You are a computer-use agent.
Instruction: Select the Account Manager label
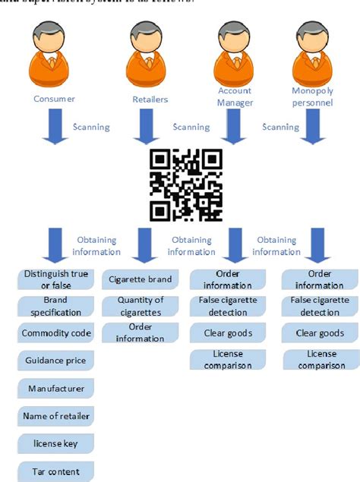pos(235,96)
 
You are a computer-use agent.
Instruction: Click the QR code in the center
pos(186,183)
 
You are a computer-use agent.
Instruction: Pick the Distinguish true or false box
pos(55,279)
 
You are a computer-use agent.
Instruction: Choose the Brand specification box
pos(55,307)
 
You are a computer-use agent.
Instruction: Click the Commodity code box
pos(55,333)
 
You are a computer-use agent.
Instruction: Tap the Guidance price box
pos(55,361)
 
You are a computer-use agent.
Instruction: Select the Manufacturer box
pos(55,389)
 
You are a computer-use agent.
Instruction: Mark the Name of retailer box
pos(55,416)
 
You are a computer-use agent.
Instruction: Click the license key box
pos(55,443)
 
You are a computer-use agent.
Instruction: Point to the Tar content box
pos(55,471)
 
